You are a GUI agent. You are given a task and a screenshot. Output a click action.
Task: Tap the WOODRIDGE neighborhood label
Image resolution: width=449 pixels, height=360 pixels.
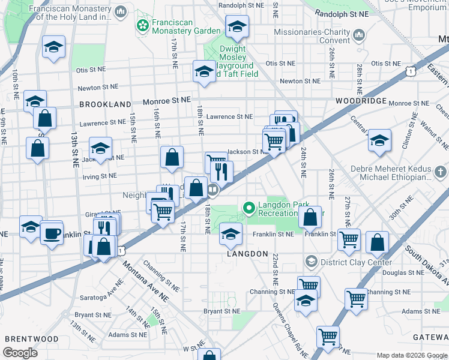(361, 101)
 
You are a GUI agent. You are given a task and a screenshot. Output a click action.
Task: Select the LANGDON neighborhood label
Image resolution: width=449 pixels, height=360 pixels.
(247, 254)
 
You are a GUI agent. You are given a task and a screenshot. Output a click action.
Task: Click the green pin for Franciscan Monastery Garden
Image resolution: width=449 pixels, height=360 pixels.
(143, 26)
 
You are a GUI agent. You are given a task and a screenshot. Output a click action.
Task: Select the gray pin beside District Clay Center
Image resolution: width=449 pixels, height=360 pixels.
(310, 262)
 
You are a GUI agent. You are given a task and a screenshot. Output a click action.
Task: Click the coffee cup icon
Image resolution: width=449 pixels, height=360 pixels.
(51, 232)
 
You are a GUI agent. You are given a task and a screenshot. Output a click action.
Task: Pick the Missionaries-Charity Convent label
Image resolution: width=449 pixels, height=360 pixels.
(312, 36)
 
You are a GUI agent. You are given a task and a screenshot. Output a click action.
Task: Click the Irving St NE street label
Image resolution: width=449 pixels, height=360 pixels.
(100, 176)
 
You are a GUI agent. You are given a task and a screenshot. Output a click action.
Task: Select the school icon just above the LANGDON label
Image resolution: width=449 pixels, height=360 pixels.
(230, 235)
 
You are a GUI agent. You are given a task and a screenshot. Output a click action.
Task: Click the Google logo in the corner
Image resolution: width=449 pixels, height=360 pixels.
(20, 353)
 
